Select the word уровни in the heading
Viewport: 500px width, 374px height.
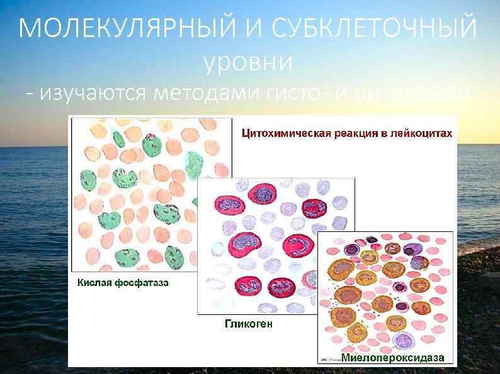tap(249, 62)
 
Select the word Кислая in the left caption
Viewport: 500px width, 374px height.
tap(94, 283)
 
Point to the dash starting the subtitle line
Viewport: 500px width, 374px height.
tap(31, 96)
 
